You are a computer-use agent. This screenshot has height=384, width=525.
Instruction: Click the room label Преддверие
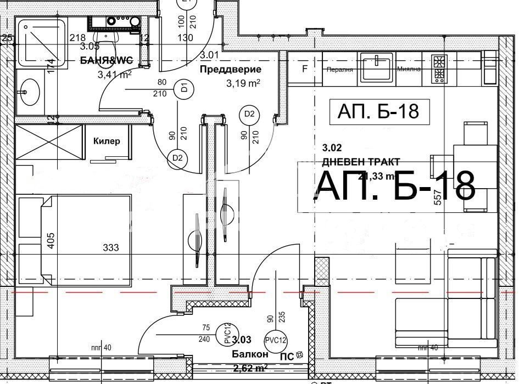tap(230, 70)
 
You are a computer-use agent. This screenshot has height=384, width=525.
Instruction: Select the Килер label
tap(107, 141)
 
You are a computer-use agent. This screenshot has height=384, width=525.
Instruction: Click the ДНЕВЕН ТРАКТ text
tap(361, 161)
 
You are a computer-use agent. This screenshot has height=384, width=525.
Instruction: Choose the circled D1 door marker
tap(185, 87)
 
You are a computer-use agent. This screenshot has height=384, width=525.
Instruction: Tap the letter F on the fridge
tap(305, 69)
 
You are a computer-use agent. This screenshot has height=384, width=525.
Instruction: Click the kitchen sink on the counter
tap(376, 69)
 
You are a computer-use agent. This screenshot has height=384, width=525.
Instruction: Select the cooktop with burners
tap(439, 69)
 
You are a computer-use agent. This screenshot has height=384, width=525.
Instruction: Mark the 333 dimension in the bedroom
tap(111, 248)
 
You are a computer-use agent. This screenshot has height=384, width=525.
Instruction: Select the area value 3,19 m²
tap(243, 84)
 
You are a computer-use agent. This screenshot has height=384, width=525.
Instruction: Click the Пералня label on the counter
tap(339, 70)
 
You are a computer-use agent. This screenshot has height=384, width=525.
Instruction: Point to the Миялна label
tap(410, 70)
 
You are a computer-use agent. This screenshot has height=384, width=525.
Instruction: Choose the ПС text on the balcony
tap(286, 355)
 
